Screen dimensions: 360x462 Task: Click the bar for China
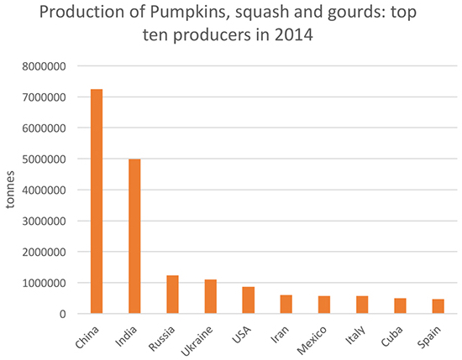(x=97, y=201)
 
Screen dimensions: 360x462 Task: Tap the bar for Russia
(x=173, y=295)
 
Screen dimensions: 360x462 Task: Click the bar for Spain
(x=438, y=306)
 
